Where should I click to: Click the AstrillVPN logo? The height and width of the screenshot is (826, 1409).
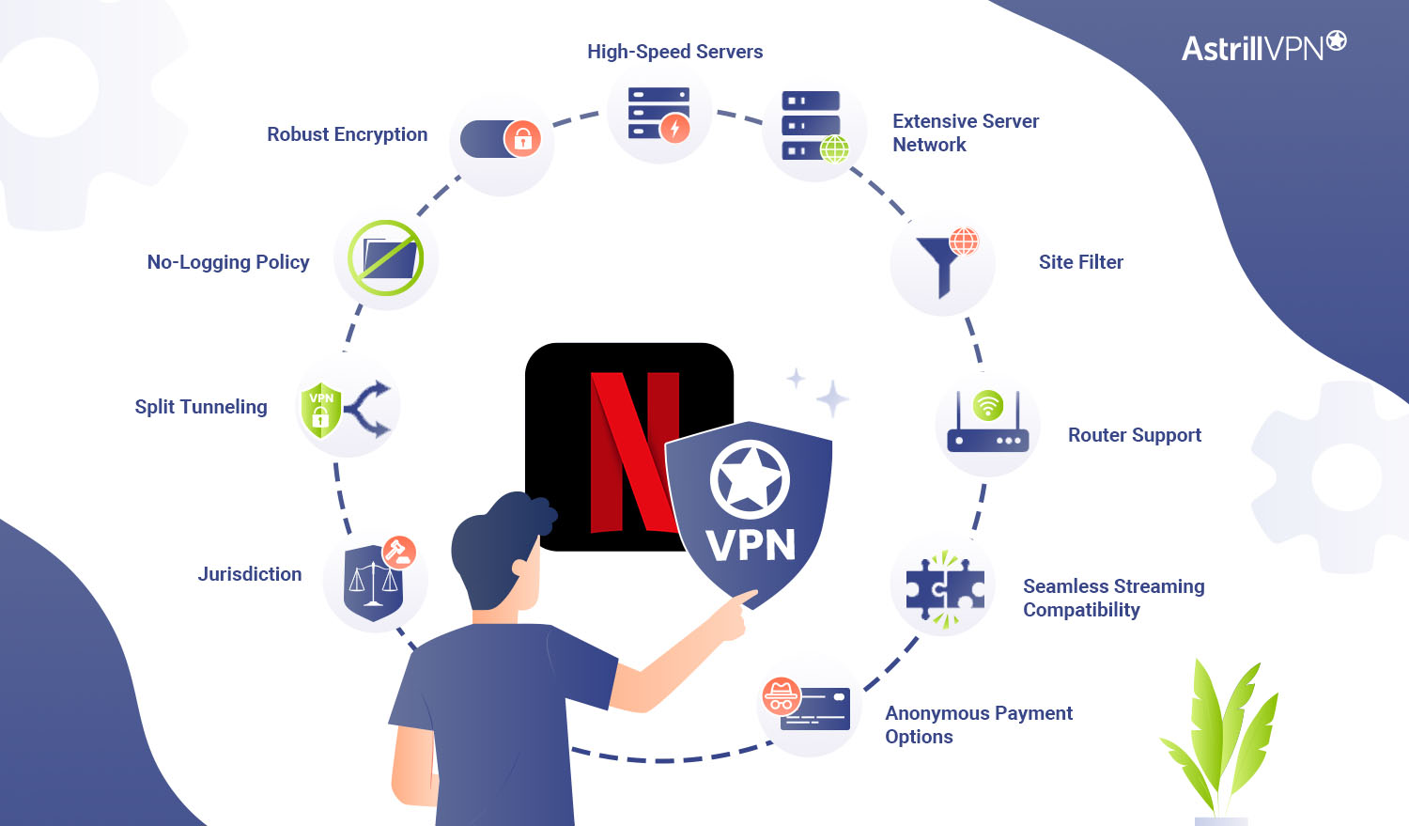tap(1263, 46)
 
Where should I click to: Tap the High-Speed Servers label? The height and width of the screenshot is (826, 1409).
tap(674, 52)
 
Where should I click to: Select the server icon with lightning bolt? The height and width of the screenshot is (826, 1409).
tap(659, 114)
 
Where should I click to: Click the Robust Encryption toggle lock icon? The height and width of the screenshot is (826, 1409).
tap(503, 140)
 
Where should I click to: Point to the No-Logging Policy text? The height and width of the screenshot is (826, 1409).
tap(228, 262)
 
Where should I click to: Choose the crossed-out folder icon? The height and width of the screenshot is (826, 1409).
tap(386, 258)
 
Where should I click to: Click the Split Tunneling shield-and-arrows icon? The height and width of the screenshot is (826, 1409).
tap(347, 409)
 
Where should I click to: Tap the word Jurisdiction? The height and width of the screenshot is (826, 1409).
tap(250, 574)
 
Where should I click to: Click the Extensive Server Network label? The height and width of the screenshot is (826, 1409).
tap(965, 132)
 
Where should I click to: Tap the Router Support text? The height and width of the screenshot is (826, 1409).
tap(1134, 435)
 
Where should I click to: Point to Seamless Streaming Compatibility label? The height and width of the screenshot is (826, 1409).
tap(1113, 598)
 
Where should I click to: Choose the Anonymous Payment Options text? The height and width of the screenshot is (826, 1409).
tap(978, 725)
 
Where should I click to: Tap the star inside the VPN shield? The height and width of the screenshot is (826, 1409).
tap(749, 480)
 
